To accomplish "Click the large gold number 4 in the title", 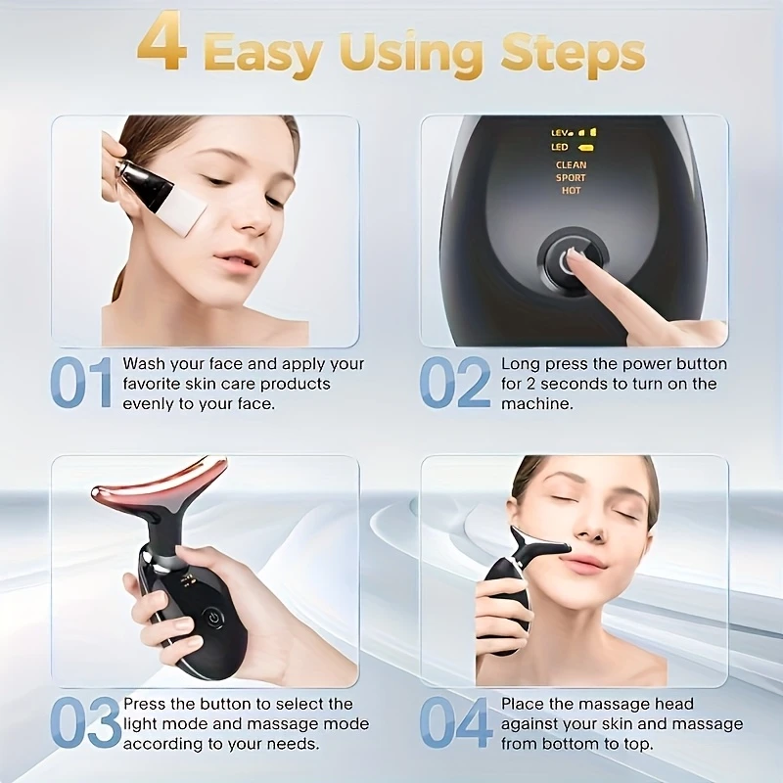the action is click(x=162, y=46).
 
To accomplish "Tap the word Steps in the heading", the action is click(x=573, y=54).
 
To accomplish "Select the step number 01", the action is click(x=81, y=382).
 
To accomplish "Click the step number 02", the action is click(x=455, y=382).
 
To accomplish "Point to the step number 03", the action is click(x=85, y=722).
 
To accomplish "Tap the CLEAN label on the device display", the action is click(x=572, y=164).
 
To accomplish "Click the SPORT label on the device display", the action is click(x=572, y=178).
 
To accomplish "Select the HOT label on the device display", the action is click(x=572, y=190).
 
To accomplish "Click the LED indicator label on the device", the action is click(x=560, y=147).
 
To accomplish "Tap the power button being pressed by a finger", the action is click(x=573, y=260).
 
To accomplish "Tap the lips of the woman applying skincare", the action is click(x=235, y=260).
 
